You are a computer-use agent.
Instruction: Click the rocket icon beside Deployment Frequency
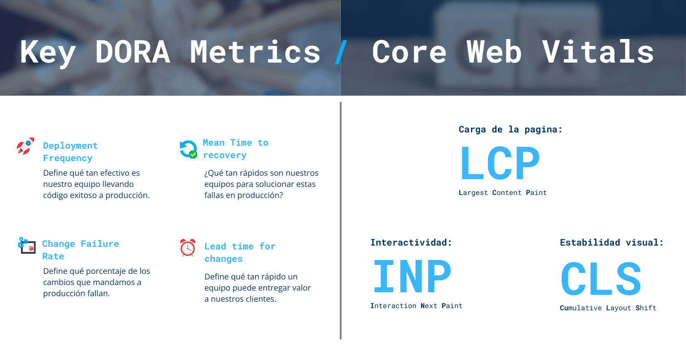25,146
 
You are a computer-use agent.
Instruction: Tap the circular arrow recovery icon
188,149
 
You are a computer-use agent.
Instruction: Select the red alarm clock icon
188,248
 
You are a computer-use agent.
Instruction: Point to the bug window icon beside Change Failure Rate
27,246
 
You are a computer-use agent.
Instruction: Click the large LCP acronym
500,163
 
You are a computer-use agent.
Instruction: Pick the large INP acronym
412,277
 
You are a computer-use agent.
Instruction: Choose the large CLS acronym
601,279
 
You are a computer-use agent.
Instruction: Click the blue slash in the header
341,52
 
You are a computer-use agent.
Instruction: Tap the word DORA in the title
132,52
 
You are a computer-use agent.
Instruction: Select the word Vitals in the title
598,52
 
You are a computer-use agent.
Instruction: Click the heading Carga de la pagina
510,129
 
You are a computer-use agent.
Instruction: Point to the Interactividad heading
411,243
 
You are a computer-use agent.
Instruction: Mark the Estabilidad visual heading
611,243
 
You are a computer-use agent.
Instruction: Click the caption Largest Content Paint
502,193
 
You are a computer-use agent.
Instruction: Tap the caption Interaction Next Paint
416,306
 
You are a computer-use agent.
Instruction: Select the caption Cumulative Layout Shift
608,308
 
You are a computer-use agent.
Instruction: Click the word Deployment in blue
70,146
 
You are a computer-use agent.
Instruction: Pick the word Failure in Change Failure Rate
100,244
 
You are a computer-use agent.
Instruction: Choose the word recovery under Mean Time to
225,156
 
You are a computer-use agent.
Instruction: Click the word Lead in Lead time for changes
215,246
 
